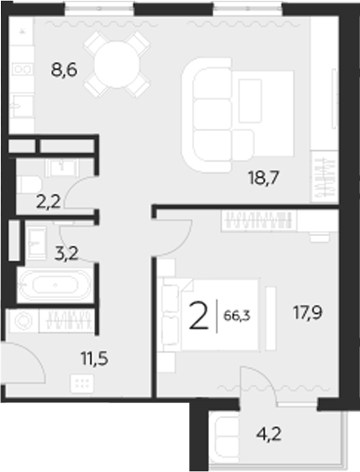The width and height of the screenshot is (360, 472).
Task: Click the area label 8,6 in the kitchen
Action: pos(65,71)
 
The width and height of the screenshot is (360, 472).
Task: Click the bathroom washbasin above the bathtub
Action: pos(37,238)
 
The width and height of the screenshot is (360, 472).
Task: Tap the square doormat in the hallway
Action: pos(81,381)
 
